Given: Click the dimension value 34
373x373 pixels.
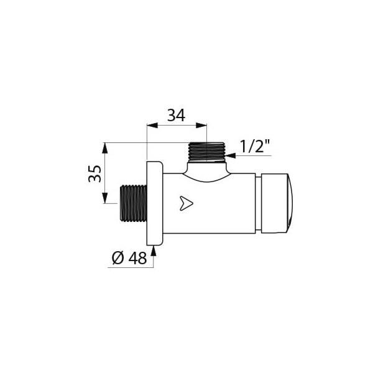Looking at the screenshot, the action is pos(176,116).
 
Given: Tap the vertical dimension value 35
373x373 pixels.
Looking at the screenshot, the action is pos(94,173).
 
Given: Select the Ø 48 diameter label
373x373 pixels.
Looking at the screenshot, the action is pos(129,258).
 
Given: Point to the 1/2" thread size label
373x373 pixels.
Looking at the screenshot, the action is pos(255,146).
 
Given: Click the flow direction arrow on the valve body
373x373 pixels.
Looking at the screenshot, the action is pos(186,203).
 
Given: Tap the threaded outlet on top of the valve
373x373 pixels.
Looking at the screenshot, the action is pos(207,152).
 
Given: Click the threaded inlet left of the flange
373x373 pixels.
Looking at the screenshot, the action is pos(134,203).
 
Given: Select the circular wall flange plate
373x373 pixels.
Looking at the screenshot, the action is pos(155,203).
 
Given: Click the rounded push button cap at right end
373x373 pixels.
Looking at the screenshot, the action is pos(277,203).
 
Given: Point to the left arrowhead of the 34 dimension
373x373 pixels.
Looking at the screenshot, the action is pos(152,126).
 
